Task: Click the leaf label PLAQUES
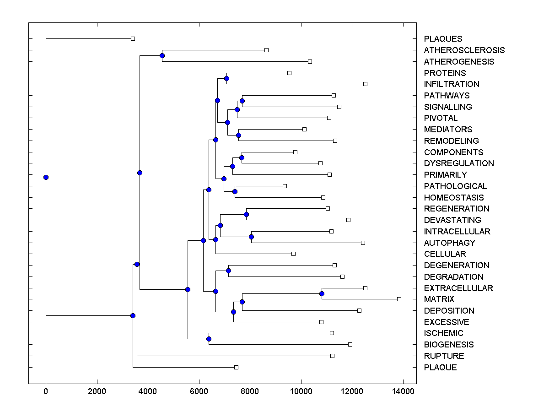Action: [x=443, y=39]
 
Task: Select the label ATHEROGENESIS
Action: [x=459, y=61]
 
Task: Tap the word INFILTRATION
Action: [x=452, y=84]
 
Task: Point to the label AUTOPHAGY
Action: [x=449, y=243]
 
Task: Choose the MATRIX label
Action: [x=439, y=299]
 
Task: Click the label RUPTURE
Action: [x=444, y=356]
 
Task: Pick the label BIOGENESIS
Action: [x=449, y=345]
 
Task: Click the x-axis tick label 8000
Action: [x=250, y=391]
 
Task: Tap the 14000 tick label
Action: [x=404, y=391]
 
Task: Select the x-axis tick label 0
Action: [x=46, y=391]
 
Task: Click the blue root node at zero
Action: [x=46, y=177]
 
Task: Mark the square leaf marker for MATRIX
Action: [x=399, y=299]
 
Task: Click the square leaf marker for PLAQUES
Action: [x=133, y=39]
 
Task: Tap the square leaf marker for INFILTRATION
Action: [x=365, y=84]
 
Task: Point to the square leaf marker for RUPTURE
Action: [x=332, y=356]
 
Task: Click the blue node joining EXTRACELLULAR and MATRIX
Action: [x=322, y=293]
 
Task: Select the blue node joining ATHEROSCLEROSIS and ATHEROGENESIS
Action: [x=162, y=55]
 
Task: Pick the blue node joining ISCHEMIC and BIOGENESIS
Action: [x=209, y=339]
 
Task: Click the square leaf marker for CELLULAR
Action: [x=293, y=254]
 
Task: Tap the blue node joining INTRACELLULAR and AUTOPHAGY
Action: [x=251, y=237]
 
